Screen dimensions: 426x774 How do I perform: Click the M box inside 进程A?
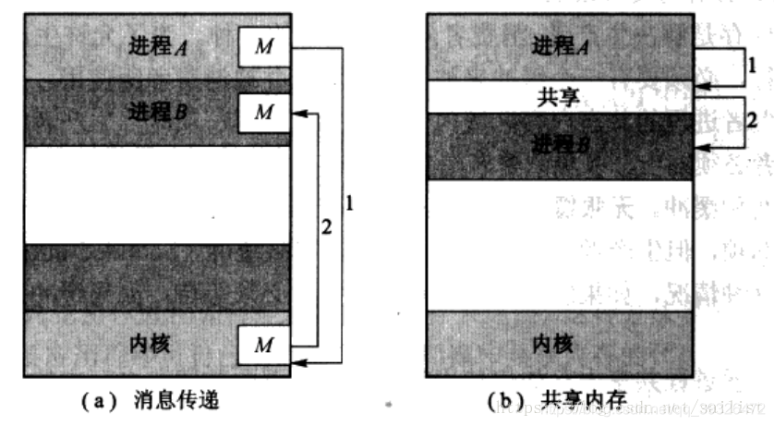click(x=264, y=46)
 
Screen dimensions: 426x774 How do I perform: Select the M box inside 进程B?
click(x=264, y=112)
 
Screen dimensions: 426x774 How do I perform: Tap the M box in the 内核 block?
click(x=264, y=346)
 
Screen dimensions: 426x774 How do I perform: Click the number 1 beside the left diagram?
click(x=350, y=201)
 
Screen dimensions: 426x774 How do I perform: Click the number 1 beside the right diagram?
click(x=752, y=67)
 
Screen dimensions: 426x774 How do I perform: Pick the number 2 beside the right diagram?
click(x=752, y=121)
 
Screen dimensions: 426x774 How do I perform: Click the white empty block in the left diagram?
click(x=157, y=194)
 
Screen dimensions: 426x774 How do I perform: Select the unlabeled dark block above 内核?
click(x=157, y=277)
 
